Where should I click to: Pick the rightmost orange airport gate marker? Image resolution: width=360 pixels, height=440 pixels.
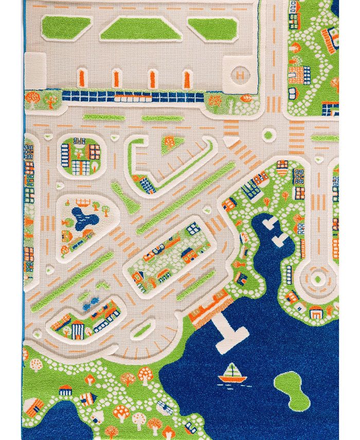tap(187, 78)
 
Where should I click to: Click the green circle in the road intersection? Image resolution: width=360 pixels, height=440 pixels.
tap(268, 135)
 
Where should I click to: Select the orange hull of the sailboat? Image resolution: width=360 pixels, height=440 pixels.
tap(232, 380)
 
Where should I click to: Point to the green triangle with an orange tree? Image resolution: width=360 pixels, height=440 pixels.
tap(169, 144)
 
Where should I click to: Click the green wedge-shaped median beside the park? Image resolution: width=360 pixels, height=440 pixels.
tap(124, 198)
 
